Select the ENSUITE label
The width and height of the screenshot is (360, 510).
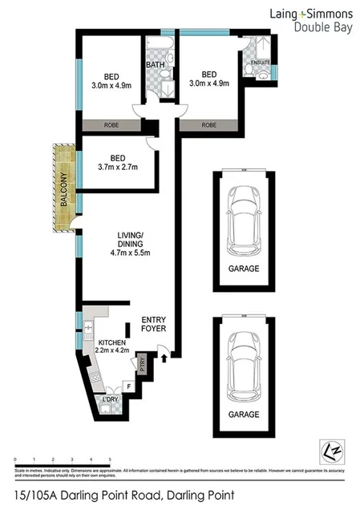click(259, 62)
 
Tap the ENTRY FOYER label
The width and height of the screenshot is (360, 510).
click(153, 323)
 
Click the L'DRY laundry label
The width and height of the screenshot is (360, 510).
click(111, 399)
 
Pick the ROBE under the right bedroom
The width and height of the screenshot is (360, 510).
click(208, 126)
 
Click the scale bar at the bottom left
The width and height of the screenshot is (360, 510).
click(63, 460)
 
